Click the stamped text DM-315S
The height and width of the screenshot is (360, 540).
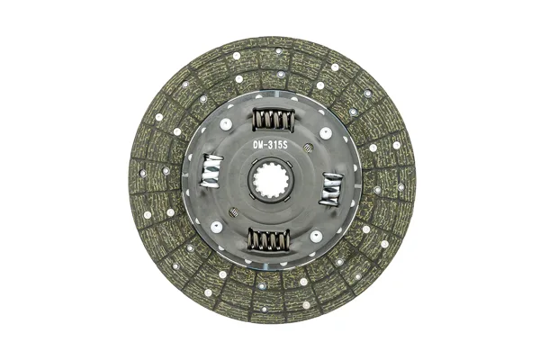pyautogui.click(x=270, y=145)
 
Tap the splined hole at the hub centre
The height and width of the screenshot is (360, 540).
pyautogui.click(x=272, y=179)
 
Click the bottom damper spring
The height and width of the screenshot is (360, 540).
pyautogui.click(x=268, y=239)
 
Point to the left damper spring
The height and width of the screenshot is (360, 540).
pyautogui.click(x=211, y=171)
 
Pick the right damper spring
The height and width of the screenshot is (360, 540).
pyautogui.click(x=331, y=190)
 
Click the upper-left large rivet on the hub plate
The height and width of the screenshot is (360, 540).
pyautogui.click(x=226, y=124)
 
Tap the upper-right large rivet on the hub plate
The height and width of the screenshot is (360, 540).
pyautogui.click(x=326, y=133)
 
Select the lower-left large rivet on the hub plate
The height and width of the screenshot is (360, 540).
pyautogui.click(x=217, y=227)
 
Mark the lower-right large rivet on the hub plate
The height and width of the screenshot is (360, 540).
pyautogui.click(x=316, y=237)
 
